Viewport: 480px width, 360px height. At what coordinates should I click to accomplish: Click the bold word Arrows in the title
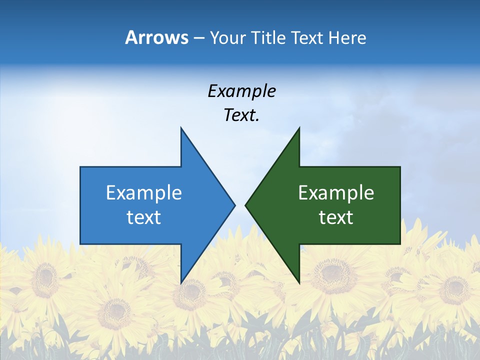(x=156, y=37)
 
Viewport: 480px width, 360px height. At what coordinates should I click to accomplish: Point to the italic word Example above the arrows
(x=241, y=91)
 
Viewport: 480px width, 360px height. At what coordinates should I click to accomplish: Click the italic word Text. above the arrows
(x=241, y=115)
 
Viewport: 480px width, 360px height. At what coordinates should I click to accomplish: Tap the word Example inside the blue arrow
(x=144, y=193)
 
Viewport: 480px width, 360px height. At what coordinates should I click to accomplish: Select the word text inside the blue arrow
(x=144, y=217)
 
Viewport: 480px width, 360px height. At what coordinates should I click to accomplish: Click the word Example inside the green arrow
(x=336, y=193)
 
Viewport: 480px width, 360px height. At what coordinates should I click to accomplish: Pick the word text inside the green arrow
(x=336, y=217)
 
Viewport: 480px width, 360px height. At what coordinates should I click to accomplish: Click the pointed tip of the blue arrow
(x=234, y=205)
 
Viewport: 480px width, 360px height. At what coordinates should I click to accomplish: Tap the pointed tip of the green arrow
(x=245, y=205)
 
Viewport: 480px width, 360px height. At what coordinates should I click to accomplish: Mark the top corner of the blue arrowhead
(x=181, y=128)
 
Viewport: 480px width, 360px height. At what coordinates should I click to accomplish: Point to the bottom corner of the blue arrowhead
(x=181, y=283)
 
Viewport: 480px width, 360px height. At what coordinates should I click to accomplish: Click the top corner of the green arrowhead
(x=299, y=128)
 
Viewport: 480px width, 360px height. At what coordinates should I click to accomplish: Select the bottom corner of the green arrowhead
(x=299, y=283)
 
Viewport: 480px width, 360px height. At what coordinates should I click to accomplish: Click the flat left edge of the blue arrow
(x=80, y=205)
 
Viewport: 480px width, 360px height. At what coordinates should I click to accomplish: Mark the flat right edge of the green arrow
(x=400, y=205)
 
